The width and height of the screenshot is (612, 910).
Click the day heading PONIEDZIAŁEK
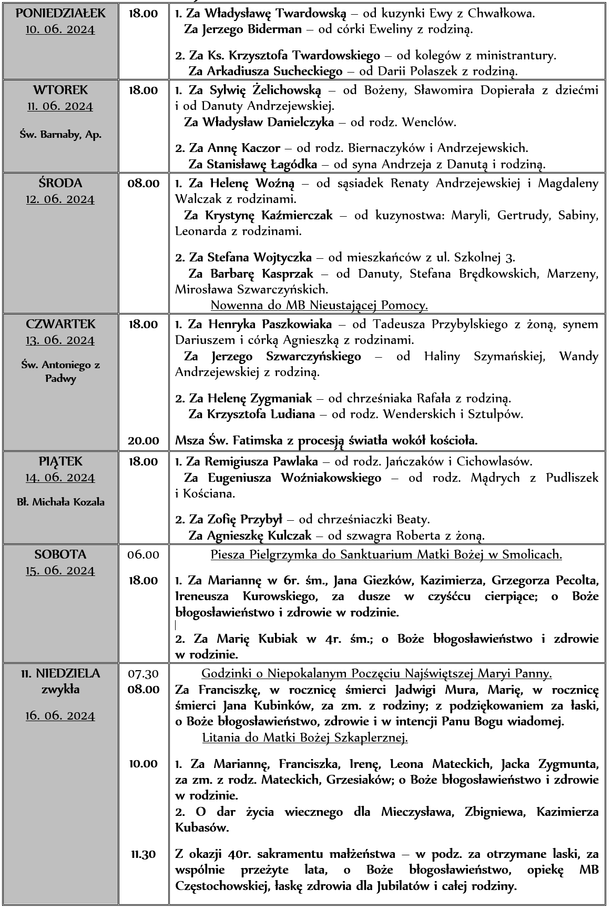[x=60, y=13]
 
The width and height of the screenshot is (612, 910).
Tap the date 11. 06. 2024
[x=60, y=107]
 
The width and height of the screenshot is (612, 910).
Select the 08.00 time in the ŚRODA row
[x=144, y=184]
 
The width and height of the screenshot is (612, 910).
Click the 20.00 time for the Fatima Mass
[x=144, y=440]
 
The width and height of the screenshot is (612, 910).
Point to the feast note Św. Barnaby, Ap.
[x=60, y=134]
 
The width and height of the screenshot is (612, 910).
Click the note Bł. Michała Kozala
[x=60, y=502]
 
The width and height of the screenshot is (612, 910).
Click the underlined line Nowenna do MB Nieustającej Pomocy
[x=319, y=305]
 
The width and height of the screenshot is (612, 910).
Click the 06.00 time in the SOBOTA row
[x=144, y=555]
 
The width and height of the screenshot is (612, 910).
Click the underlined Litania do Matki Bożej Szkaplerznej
[x=305, y=738]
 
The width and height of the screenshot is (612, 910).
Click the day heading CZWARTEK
[x=60, y=324]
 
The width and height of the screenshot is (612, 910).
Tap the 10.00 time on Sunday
[x=144, y=764]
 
